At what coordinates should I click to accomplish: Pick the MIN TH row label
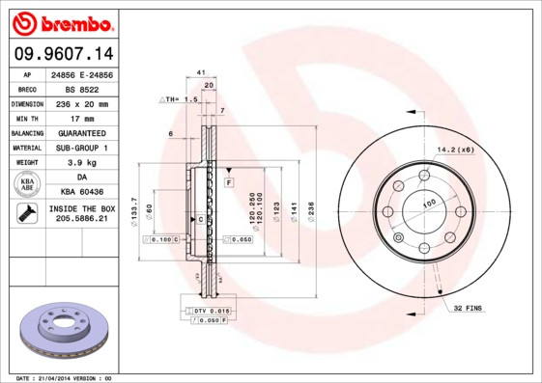click(27, 118)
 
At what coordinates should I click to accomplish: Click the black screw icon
click(26, 214)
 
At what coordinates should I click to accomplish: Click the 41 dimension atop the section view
click(201, 73)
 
